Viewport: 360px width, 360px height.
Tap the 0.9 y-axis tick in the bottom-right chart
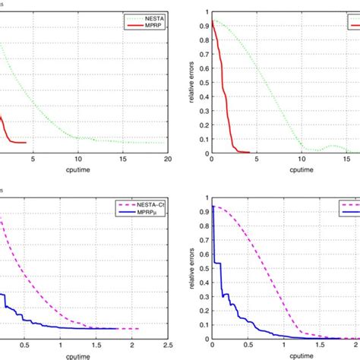pyautogui.click(x=198, y=207)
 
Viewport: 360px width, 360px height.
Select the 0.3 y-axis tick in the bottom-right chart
pyautogui.click(x=198, y=294)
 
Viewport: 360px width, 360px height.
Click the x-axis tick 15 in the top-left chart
pyautogui.click(x=123, y=159)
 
